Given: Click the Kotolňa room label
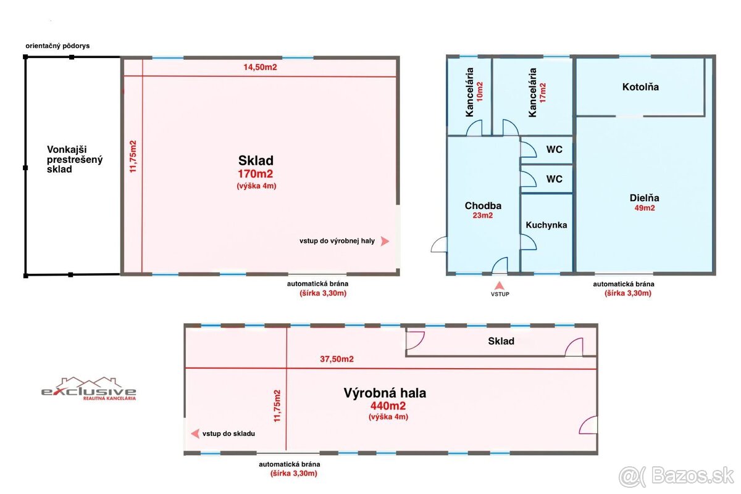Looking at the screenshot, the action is [x=640, y=87].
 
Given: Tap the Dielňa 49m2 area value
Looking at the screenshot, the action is [x=645, y=208].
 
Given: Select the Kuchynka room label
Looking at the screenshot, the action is [x=546, y=225].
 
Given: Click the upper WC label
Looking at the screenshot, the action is [x=555, y=149].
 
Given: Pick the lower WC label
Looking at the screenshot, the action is [x=555, y=179].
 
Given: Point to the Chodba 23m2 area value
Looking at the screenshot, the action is [x=483, y=215].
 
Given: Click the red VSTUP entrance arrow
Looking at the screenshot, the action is [x=500, y=286].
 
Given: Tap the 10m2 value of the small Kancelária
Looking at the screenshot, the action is [x=480, y=91].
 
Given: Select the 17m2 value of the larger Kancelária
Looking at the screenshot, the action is [x=543, y=93].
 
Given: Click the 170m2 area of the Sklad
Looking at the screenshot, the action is [x=256, y=174].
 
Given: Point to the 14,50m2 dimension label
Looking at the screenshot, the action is [x=260, y=67].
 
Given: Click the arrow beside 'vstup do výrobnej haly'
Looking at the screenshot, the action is [x=384, y=241].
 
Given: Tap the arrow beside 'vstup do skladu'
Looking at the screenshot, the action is [x=195, y=434].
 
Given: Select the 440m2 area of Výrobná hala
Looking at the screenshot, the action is [x=388, y=405].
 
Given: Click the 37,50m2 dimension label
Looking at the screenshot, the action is [x=337, y=359].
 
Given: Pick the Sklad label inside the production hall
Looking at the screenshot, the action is [x=501, y=341].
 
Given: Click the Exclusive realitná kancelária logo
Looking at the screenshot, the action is [x=89, y=389].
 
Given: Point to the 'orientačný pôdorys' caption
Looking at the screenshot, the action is [x=57, y=46].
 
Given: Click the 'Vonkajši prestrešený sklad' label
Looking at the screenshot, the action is [x=75, y=159].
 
